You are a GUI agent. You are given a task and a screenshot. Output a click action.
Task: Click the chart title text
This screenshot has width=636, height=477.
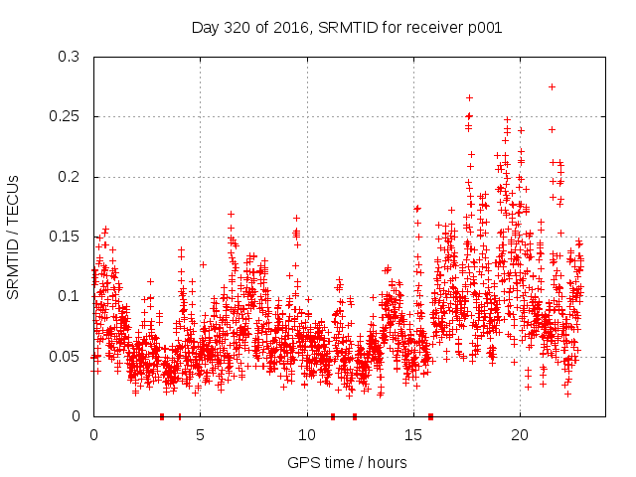click(346, 27)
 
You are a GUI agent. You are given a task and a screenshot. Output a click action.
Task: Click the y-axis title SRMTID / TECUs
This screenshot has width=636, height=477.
click(13, 237)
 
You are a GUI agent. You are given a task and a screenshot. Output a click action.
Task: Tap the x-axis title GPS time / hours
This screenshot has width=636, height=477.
click(346, 462)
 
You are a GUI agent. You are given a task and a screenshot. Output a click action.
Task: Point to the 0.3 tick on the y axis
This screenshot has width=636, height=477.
click(69, 57)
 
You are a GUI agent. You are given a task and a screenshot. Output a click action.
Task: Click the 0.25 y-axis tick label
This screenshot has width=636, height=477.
click(65, 116)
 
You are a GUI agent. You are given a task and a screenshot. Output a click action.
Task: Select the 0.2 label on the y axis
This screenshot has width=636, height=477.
click(69, 177)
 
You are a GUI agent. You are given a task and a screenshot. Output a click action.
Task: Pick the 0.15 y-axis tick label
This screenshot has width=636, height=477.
click(65, 237)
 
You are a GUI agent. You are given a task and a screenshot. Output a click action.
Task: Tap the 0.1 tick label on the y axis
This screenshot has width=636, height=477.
click(69, 296)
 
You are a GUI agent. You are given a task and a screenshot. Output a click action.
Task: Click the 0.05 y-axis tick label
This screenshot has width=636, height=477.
click(65, 356)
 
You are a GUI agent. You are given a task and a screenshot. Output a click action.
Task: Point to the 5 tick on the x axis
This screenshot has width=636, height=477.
click(200, 434)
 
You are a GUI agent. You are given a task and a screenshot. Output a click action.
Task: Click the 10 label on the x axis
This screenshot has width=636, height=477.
click(306, 434)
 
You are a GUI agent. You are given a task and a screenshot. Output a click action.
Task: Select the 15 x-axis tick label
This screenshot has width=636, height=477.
click(412, 434)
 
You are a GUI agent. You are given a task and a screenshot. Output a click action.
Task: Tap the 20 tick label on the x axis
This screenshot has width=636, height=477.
click(519, 434)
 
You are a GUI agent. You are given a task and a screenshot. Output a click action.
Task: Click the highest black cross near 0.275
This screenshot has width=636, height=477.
click(552, 86)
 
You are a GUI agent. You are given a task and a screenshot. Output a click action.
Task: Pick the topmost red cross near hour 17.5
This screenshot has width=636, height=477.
click(469, 97)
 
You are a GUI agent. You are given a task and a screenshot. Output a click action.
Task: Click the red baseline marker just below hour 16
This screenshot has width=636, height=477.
click(430, 416)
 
